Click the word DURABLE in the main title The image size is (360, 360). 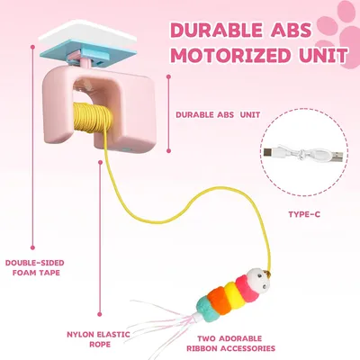[214, 30]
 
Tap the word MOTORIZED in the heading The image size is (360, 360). [232, 55]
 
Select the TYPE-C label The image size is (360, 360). [304, 214]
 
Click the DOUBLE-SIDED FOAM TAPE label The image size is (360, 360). [35, 267]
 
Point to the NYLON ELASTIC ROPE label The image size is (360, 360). [98, 339]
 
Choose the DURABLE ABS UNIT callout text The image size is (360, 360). [218, 114]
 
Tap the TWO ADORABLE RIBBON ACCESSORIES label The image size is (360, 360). [230, 343]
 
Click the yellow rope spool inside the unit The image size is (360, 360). [91, 118]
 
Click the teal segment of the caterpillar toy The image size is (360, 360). [207, 309]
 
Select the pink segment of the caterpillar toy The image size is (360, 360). [247, 289]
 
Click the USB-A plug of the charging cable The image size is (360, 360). [337, 155]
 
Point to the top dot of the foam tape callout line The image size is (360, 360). [32, 47]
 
